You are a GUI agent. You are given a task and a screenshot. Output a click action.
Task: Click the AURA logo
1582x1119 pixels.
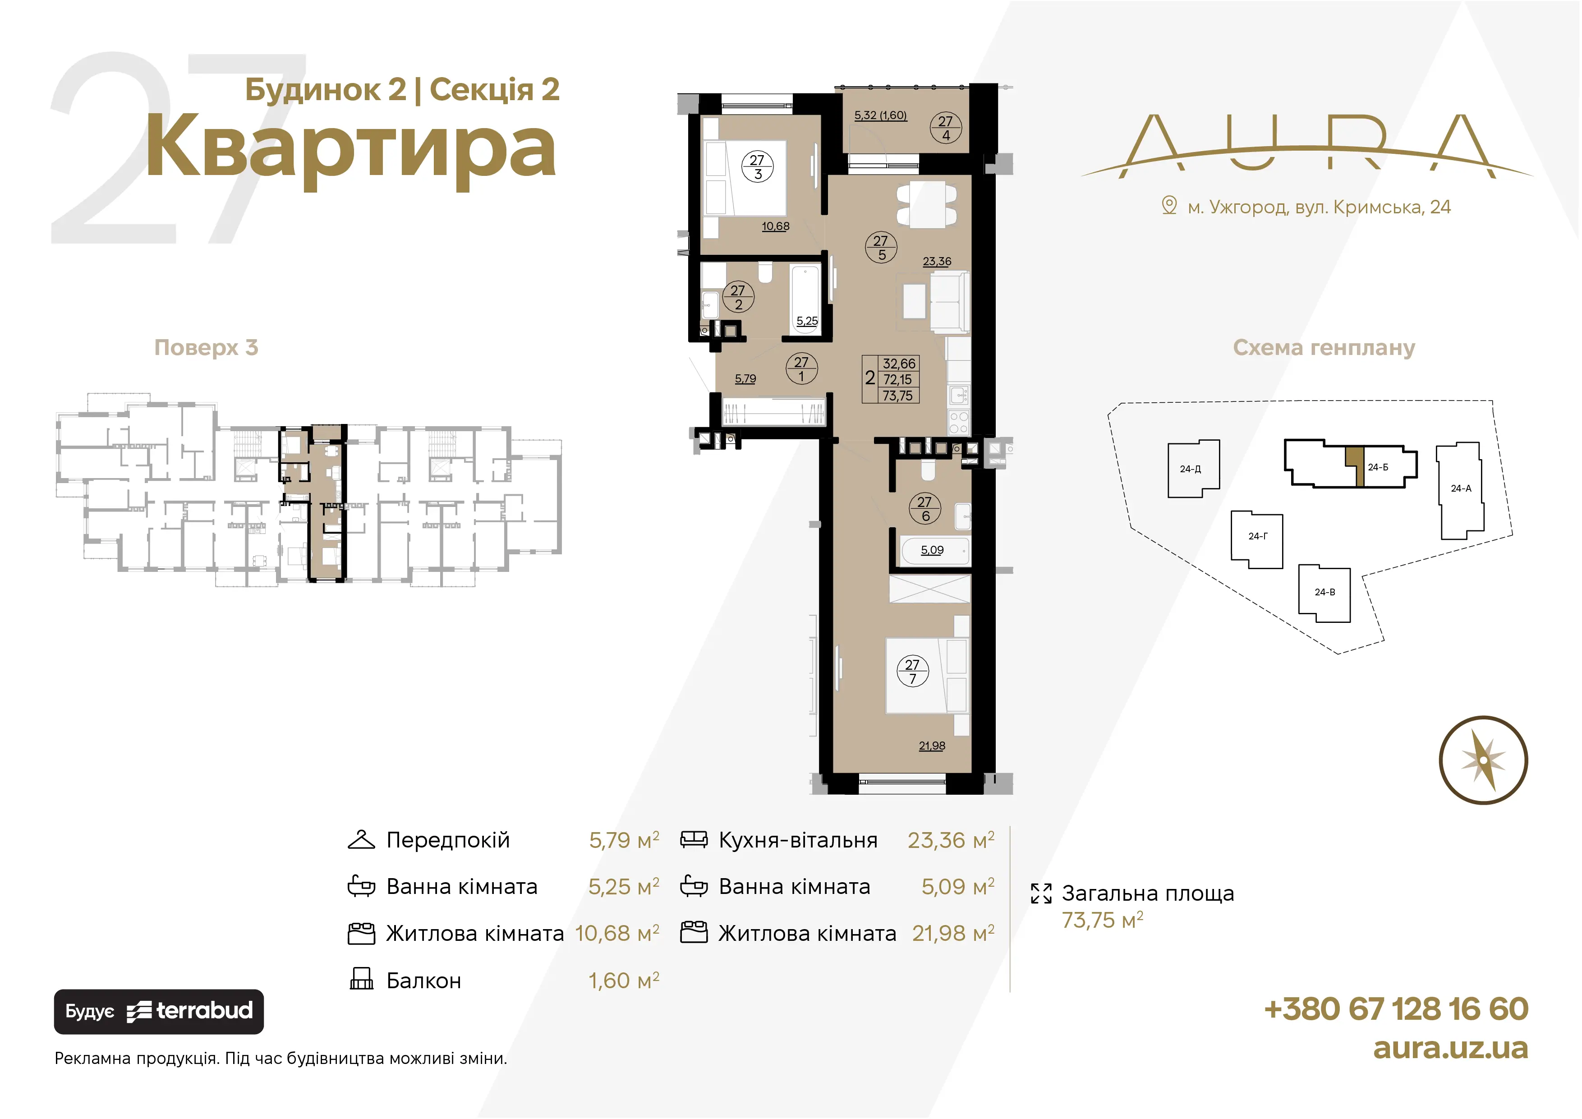(x=1307, y=145)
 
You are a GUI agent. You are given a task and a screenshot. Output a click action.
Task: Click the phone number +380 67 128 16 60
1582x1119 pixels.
(x=1396, y=1009)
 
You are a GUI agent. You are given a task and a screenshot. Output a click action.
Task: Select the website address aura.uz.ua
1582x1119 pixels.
(x=1450, y=1048)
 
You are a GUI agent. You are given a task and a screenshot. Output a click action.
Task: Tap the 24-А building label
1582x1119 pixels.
(x=1461, y=488)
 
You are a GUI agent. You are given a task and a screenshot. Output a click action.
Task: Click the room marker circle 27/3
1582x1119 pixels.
(x=757, y=167)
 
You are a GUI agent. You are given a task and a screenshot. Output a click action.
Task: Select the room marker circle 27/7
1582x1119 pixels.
(x=912, y=671)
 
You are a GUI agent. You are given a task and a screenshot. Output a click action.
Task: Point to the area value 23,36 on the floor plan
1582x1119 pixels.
(x=937, y=262)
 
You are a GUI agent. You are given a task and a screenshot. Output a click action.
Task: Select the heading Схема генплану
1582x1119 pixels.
(x=1324, y=347)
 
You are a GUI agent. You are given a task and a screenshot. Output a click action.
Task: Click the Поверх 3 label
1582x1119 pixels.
(x=206, y=347)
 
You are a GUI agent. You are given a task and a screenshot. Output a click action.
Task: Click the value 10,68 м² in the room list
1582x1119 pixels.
(x=616, y=933)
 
